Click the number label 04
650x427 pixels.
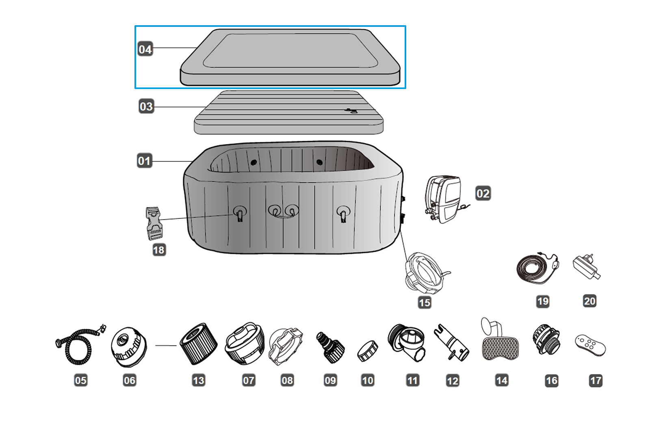point(145,49)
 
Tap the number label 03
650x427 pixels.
point(146,107)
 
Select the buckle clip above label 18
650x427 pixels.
point(154,223)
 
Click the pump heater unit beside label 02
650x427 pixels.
point(444,199)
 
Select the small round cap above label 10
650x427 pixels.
point(368,351)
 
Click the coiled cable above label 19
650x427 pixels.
point(536,269)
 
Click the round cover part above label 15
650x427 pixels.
point(425,272)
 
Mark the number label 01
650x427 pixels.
point(144,161)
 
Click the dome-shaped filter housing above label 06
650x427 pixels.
point(128,346)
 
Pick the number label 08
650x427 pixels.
point(287,380)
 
